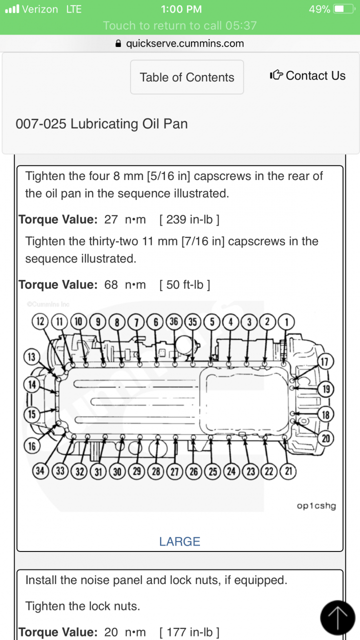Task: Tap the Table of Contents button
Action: click(x=187, y=77)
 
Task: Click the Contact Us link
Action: click(x=308, y=76)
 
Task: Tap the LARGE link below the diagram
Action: click(x=179, y=541)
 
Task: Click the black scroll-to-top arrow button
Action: click(x=337, y=617)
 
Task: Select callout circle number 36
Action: click(x=174, y=322)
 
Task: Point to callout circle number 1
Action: click(x=286, y=322)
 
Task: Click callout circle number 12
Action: click(x=39, y=322)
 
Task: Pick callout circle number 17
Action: click(x=325, y=361)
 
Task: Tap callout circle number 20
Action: click(x=326, y=438)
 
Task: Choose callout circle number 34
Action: click(x=40, y=471)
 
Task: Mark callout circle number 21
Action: click(x=288, y=471)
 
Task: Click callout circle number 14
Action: click(x=32, y=384)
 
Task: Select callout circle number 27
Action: click(x=174, y=471)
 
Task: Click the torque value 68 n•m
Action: click(x=125, y=285)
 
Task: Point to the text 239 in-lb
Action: click(x=189, y=220)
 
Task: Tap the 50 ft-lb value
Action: click(x=185, y=285)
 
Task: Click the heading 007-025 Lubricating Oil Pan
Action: click(x=101, y=123)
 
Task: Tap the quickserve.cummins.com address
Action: click(x=184, y=43)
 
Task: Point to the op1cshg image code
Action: click(x=316, y=505)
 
